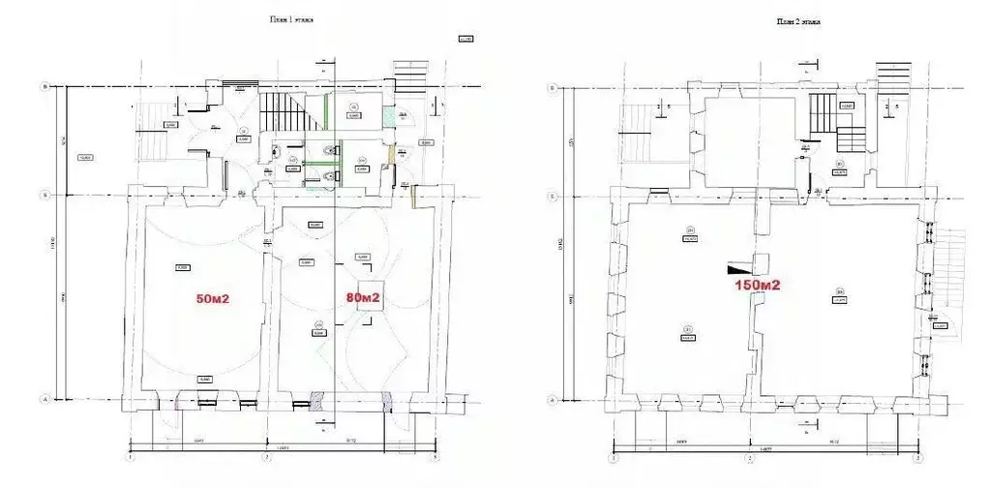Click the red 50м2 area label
(212, 298)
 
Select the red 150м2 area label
(756, 285)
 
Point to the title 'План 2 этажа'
(799, 20)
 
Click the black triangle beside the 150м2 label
(738, 266)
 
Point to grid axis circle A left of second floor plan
(553, 399)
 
